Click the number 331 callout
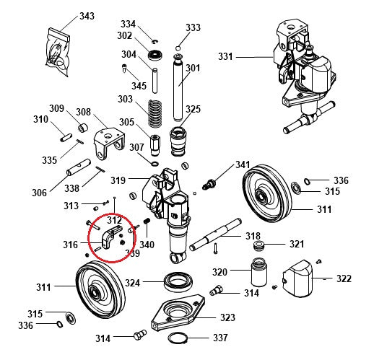[x=226, y=56]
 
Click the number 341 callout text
[x=243, y=165]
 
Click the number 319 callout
[x=118, y=180]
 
